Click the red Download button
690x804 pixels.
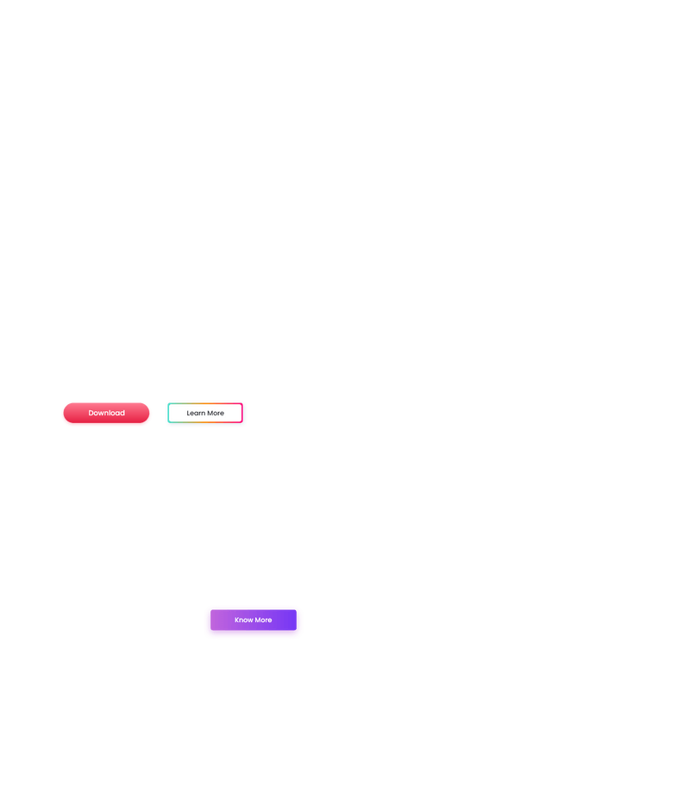pos(106,414)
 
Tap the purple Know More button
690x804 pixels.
pos(254,620)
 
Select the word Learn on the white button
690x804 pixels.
pos(195,414)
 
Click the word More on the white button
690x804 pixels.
pos(215,414)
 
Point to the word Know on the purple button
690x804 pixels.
pos(243,620)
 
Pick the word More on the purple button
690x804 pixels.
pos(263,620)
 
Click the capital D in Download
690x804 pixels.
pos(91,414)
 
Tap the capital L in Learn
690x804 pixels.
pos(188,414)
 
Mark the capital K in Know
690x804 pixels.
pos(237,620)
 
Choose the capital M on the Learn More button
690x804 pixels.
pos(210,414)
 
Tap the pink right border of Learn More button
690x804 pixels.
pos(242,414)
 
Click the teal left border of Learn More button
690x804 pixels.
pos(168,414)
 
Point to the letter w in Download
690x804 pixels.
pos(103,414)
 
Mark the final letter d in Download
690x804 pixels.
pos(122,414)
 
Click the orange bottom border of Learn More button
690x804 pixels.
pos(205,422)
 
